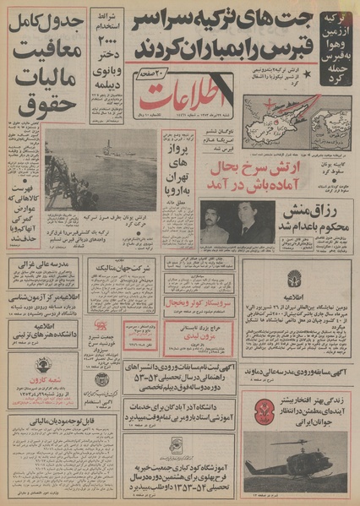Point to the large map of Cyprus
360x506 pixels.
[x=285, y=111]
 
